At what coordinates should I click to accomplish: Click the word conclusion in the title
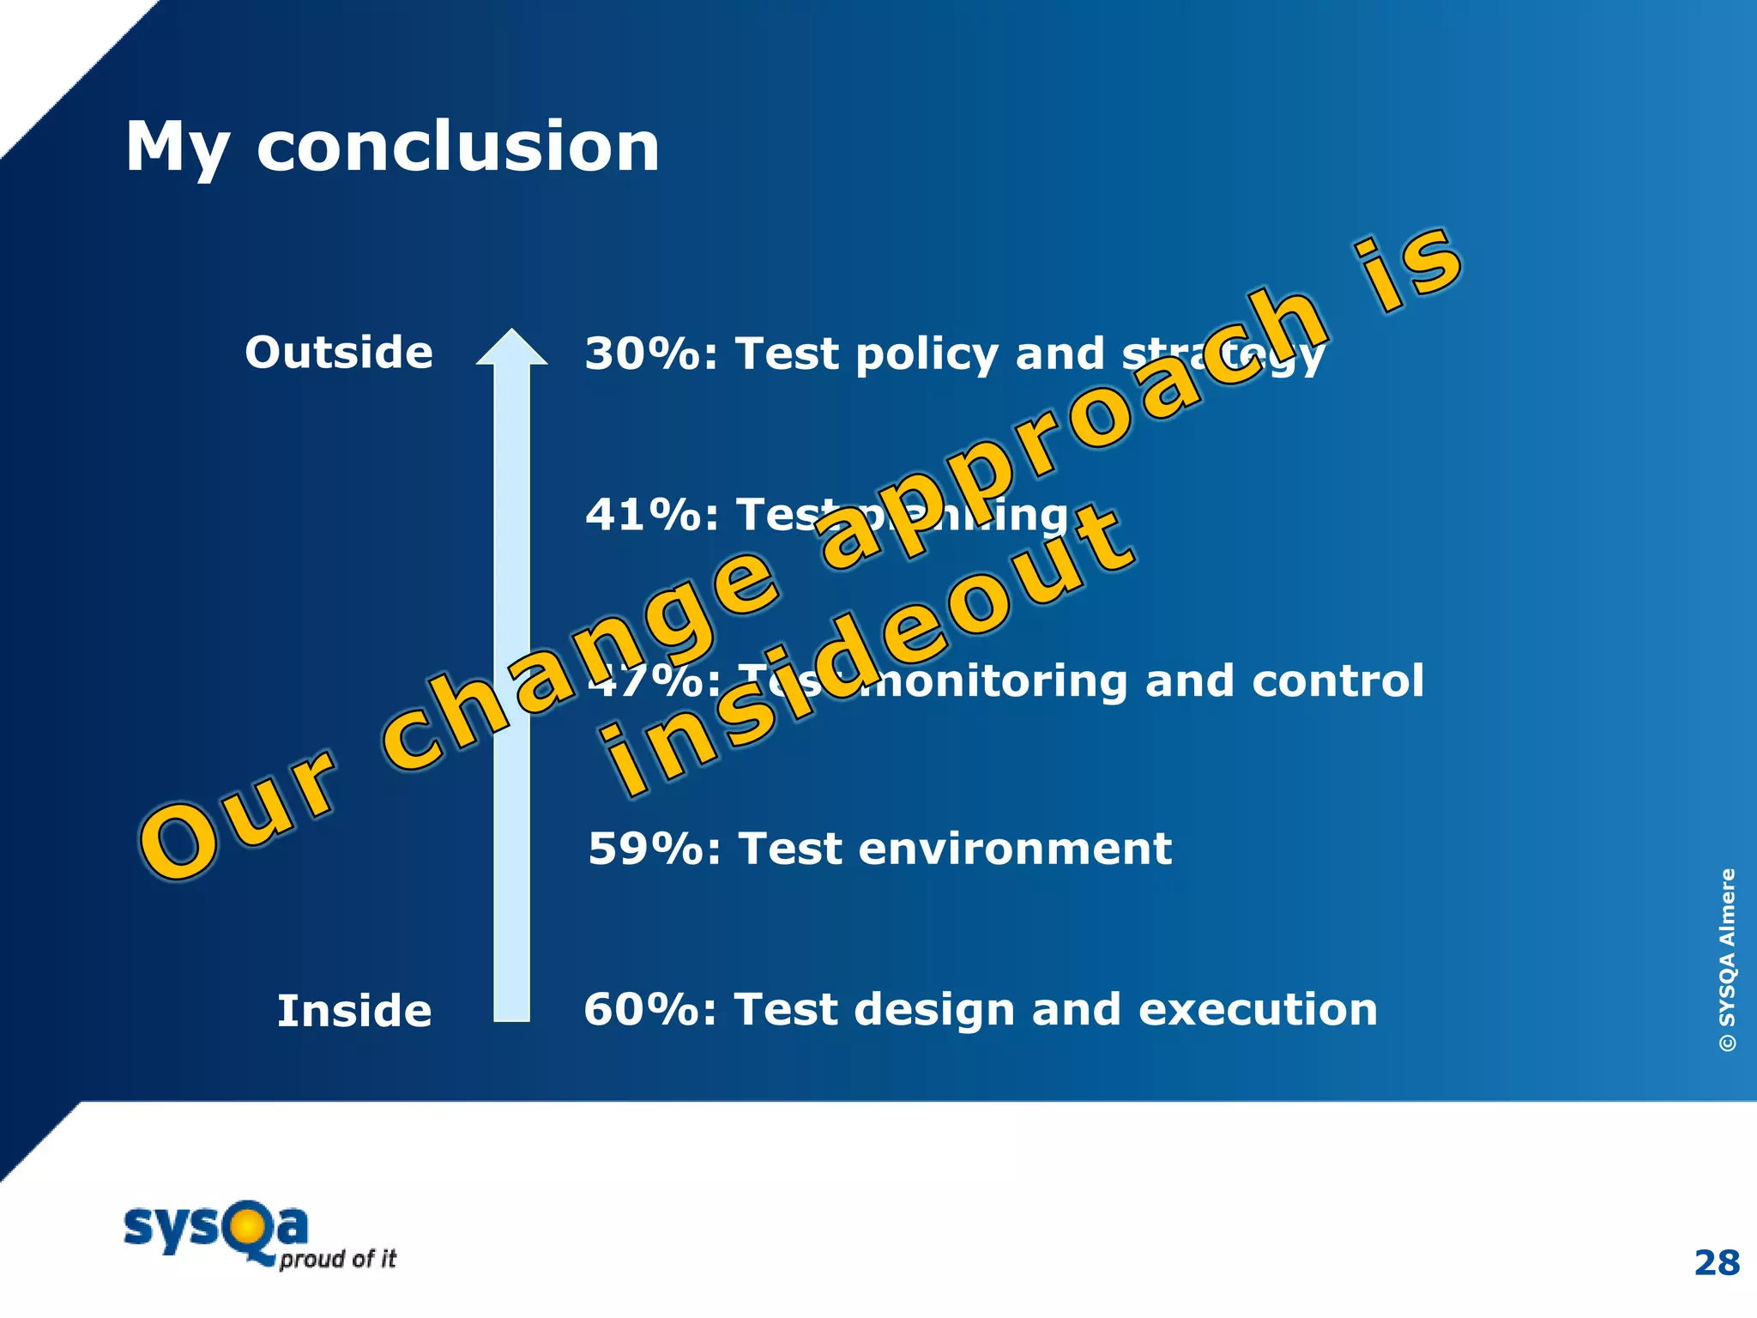458,147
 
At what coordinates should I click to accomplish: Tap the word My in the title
177,148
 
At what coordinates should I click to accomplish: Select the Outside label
339,353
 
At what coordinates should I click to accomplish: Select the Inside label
353,1011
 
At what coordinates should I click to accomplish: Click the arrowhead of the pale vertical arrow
512,348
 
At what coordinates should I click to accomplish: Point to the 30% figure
643,354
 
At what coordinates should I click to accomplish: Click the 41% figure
643,515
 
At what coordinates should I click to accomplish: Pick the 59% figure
646,849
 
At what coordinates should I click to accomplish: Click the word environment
1014,849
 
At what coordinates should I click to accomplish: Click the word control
1337,681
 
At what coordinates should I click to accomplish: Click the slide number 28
1717,1263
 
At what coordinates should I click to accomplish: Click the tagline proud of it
337,1260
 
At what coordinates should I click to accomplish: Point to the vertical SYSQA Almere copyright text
1727,959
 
